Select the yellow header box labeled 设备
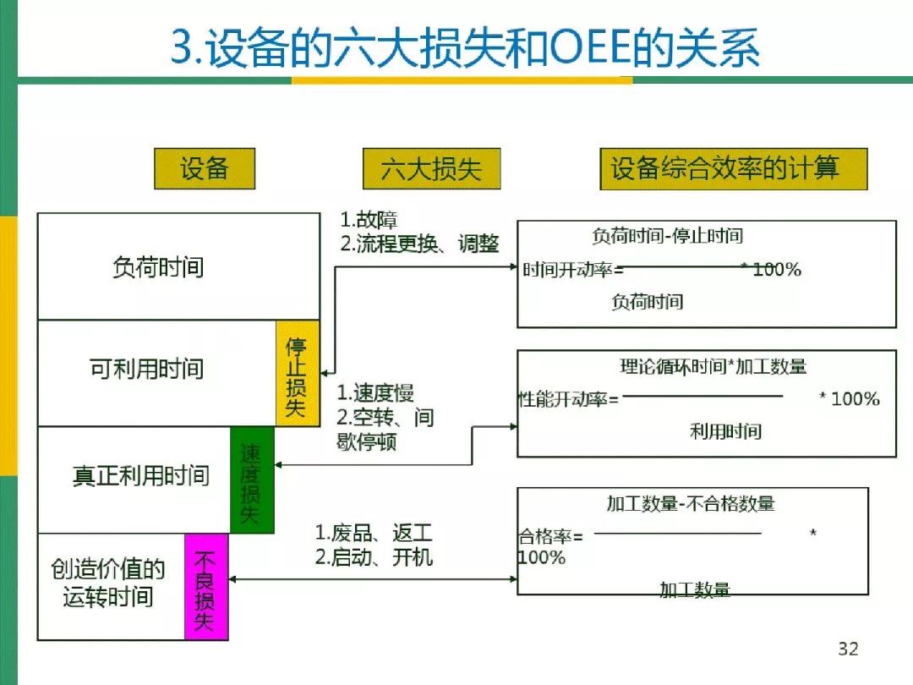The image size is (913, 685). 204,167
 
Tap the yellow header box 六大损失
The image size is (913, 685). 431,168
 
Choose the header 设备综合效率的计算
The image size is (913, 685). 724,167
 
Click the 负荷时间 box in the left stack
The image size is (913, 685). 158,268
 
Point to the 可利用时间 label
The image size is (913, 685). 147,369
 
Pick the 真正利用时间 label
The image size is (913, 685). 140,474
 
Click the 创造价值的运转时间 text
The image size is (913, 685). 107,584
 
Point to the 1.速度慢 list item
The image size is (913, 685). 375,393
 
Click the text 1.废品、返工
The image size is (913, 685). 374,534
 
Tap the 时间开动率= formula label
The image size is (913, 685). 572,271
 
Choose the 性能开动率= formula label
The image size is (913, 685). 568,399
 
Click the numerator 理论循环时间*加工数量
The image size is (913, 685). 713,366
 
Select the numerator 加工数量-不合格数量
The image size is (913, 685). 690,504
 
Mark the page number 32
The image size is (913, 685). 848,649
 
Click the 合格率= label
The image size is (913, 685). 549,536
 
